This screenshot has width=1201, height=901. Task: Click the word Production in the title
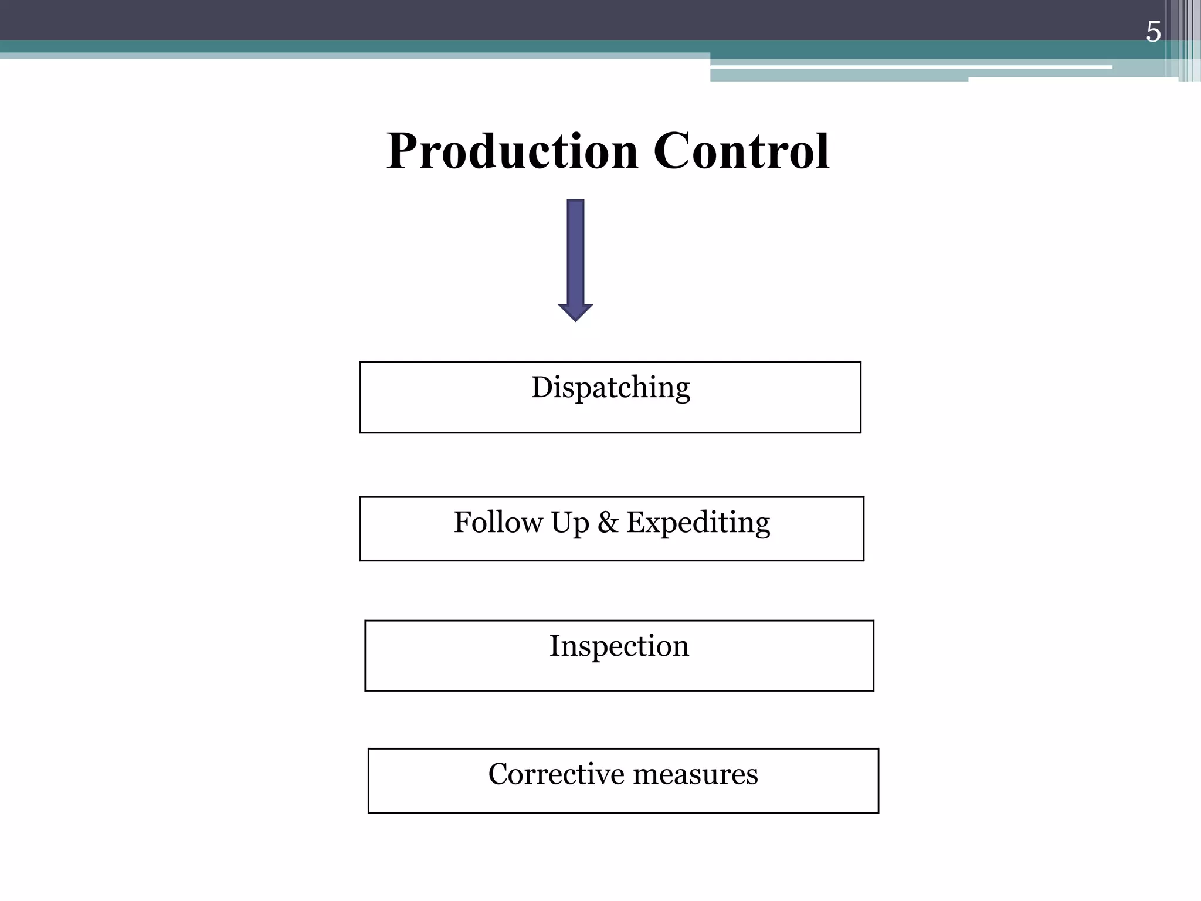[x=512, y=151]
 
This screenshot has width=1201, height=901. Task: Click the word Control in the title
[x=741, y=151]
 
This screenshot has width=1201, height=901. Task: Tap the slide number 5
[x=1153, y=32]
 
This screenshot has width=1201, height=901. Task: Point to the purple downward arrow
[x=575, y=258]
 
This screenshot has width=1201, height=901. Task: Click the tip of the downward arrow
[x=575, y=319]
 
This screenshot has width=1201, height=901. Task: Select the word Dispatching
[x=610, y=388]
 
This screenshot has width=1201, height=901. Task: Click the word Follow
[x=498, y=522]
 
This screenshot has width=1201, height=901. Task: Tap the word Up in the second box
[x=569, y=523]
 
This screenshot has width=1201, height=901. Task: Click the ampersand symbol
[x=608, y=522]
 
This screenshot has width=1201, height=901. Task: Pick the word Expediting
[x=698, y=523]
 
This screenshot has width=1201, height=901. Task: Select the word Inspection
[x=619, y=646]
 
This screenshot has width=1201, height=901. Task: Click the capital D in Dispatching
[x=542, y=387]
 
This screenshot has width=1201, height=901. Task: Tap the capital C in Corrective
[x=498, y=774]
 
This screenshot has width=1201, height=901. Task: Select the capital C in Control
[x=672, y=151]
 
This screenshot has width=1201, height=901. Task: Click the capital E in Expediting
[x=636, y=522]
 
